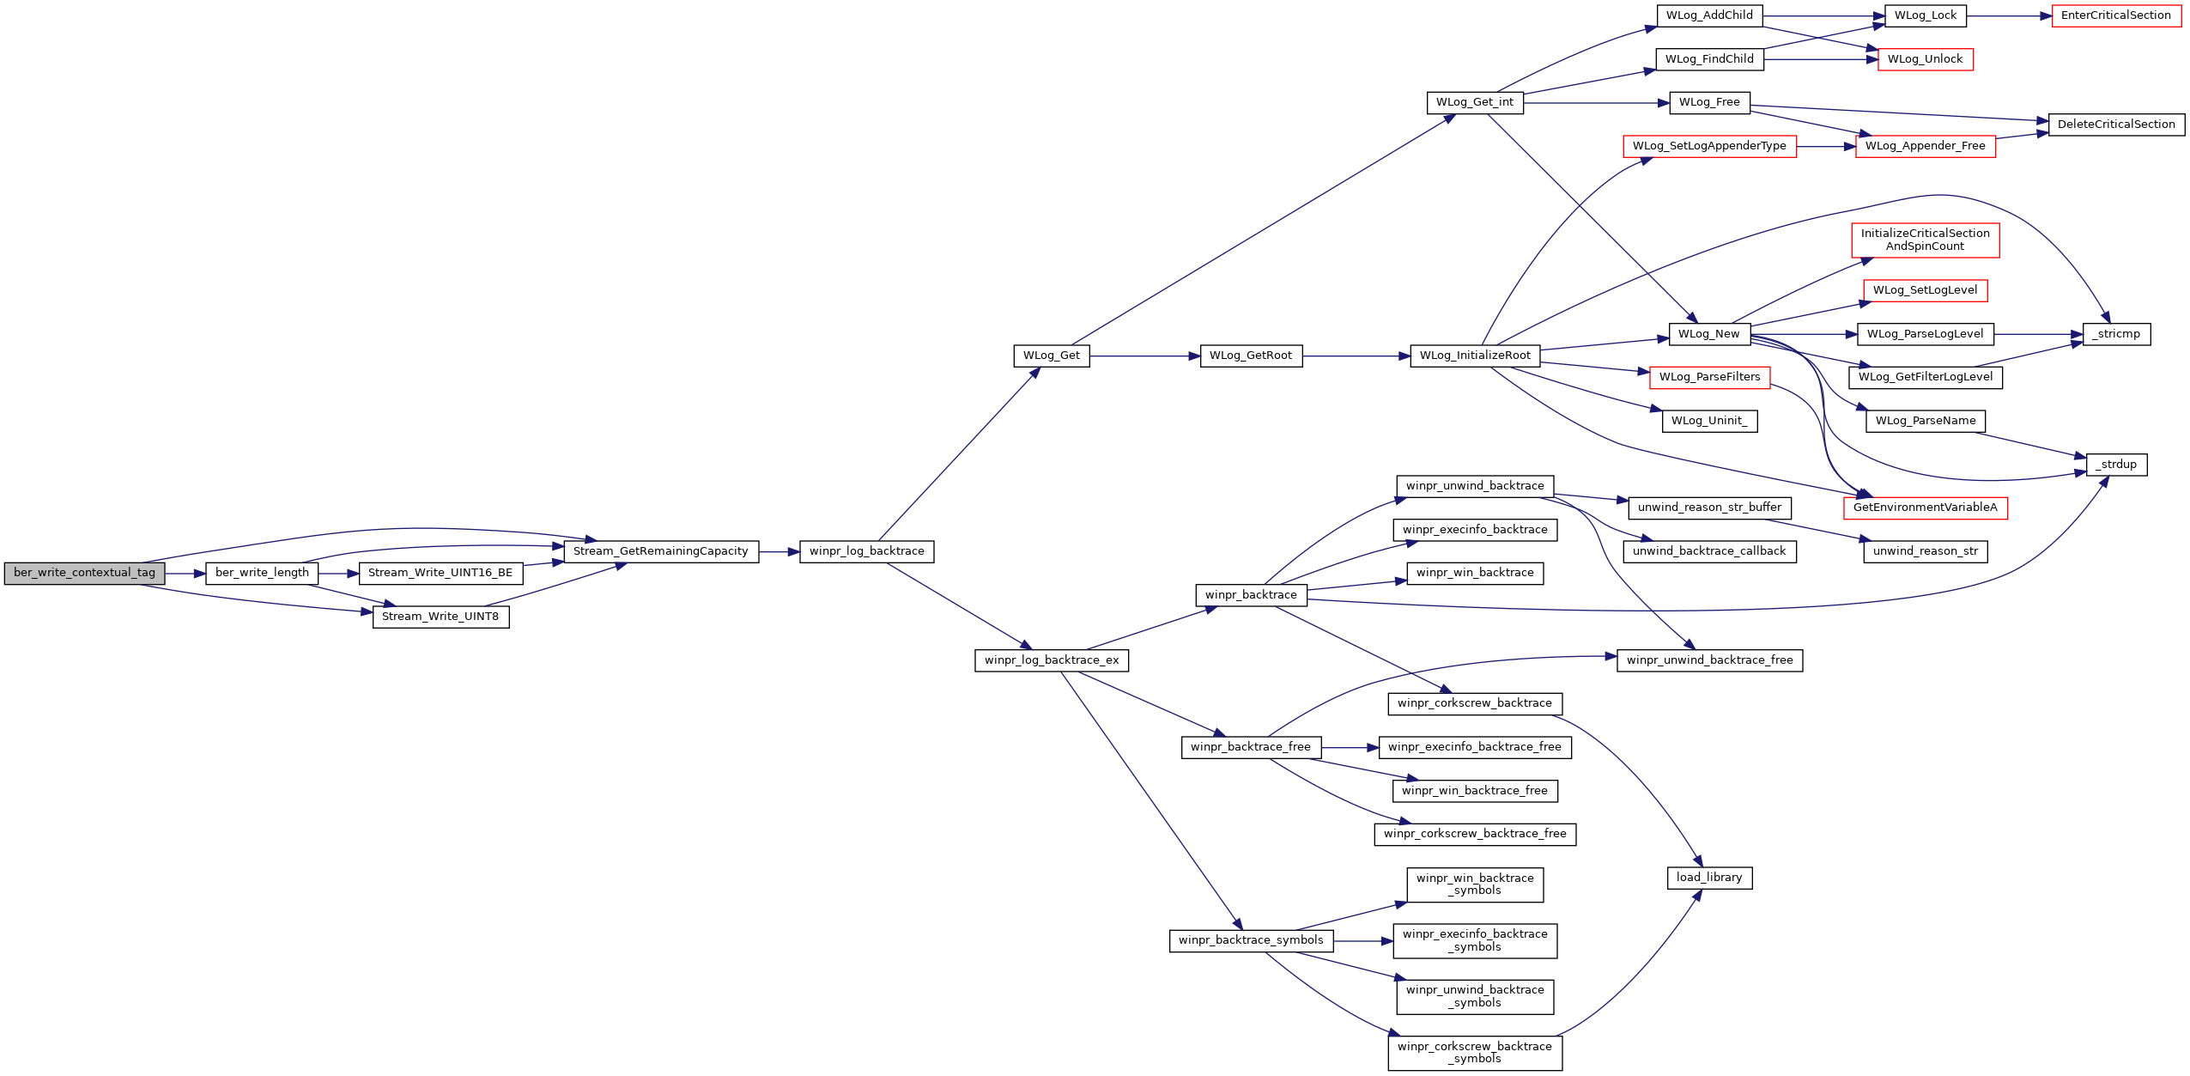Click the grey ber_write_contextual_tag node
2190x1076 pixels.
(x=84, y=573)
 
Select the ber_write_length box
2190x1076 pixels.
(x=262, y=573)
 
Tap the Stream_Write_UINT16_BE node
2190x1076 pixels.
(x=440, y=573)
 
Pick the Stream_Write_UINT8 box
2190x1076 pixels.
(x=440, y=617)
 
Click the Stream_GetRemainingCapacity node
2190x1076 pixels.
(x=661, y=551)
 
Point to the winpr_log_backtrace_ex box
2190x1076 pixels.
(x=1052, y=660)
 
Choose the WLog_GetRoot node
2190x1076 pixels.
(x=1251, y=356)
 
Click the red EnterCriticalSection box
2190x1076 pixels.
(x=2116, y=15)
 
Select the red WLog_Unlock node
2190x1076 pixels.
(x=1926, y=59)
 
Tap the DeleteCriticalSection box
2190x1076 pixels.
(x=2116, y=125)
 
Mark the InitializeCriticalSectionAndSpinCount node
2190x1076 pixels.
(x=1926, y=240)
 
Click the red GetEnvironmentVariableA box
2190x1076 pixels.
(x=1926, y=508)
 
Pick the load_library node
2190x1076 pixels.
(x=1709, y=878)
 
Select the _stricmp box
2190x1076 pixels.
(x=2116, y=334)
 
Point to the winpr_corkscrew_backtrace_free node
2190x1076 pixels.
(x=1475, y=834)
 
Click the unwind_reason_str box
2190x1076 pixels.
(x=1926, y=551)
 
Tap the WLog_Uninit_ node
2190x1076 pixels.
(x=1709, y=421)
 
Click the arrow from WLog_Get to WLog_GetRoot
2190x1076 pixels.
(x=1145, y=356)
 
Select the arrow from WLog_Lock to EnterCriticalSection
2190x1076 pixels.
(x=2009, y=15)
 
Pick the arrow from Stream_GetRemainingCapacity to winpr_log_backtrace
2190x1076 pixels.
(x=780, y=551)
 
